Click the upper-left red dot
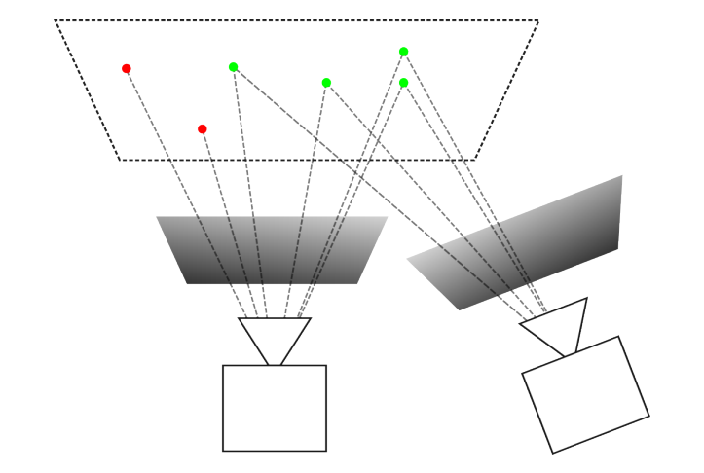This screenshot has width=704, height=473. (x=127, y=68)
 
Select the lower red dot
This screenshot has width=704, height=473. (x=203, y=128)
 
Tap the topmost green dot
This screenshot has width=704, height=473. (x=404, y=52)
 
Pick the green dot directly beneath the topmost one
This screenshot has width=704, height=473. (x=404, y=83)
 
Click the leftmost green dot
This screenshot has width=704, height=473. (x=234, y=67)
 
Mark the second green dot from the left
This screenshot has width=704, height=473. (x=326, y=83)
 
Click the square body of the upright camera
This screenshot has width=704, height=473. (x=275, y=408)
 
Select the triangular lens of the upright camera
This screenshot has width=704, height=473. (x=275, y=336)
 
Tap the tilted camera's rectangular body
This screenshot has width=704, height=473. (x=585, y=394)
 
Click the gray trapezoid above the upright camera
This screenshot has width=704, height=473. (x=272, y=250)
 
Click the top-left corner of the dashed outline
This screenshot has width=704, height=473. (x=56, y=20)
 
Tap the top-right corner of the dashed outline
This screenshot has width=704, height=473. (x=537, y=20)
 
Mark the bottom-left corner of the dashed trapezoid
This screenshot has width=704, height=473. (x=119, y=160)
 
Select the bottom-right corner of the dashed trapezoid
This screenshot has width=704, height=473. (x=474, y=160)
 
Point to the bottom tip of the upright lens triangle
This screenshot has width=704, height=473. (x=275, y=365)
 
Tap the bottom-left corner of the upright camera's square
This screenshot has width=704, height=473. (x=223, y=451)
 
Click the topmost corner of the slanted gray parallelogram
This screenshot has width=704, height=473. (x=621, y=176)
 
